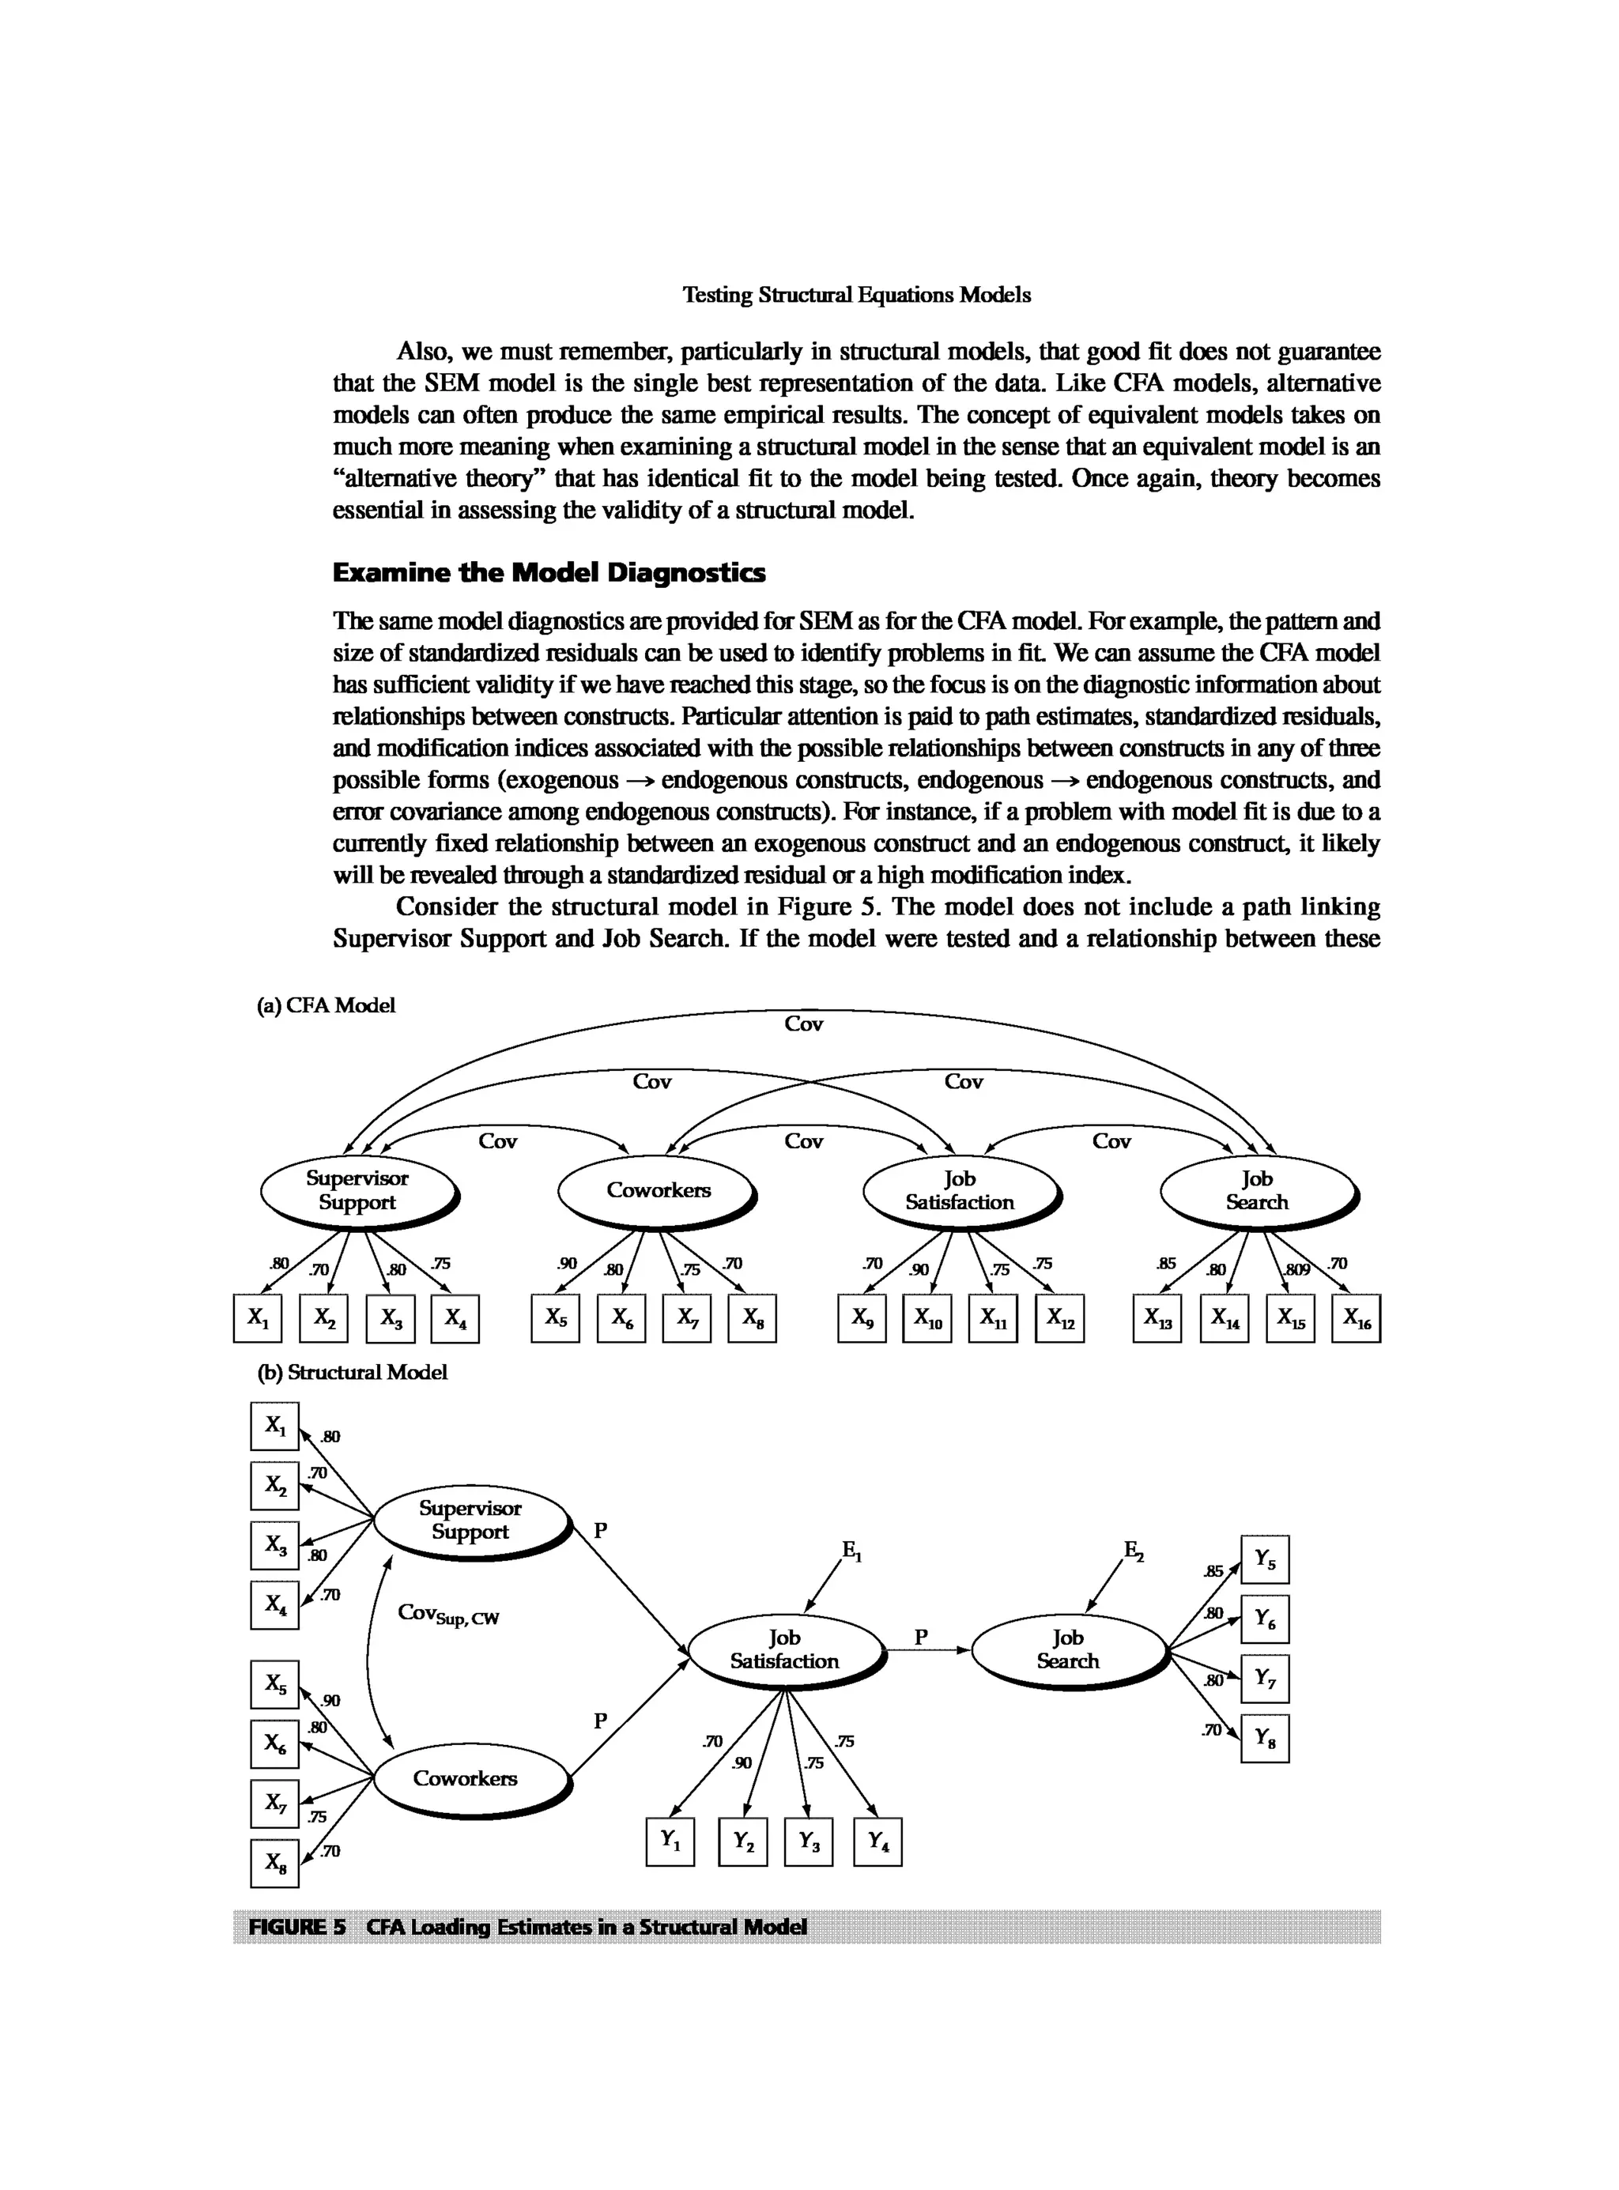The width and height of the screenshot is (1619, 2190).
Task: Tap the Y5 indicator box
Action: pyautogui.click(x=1265, y=1559)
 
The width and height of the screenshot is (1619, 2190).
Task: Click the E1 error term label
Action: pyautogui.click(x=851, y=1550)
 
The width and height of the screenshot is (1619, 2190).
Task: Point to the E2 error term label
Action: pyautogui.click(x=1134, y=1550)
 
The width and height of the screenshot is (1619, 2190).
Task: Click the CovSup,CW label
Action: pyautogui.click(x=448, y=1614)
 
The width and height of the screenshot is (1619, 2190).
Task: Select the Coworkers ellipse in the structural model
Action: pyautogui.click(x=470, y=1777)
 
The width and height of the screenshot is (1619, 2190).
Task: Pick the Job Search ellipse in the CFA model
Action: pyautogui.click(x=1258, y=1190)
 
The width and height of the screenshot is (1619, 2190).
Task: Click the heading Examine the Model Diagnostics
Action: pyautogui.click(x=549, y=573)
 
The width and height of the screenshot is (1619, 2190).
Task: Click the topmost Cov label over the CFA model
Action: pyautogui.click(x=804, y=1024)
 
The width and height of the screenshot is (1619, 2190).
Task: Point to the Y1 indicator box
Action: pyautogui.click(x=670, y=1841)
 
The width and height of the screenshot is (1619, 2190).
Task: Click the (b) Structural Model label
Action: pyautogui.click(x=352, y=1372)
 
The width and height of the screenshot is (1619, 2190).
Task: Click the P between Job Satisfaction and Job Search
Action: pyautogui.click(x=920, y=1637)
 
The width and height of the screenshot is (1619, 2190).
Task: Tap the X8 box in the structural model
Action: pyautogui.click(x=274, y=1863)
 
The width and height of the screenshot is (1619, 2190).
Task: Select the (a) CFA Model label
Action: pyautogui.click(x=326, y=1005)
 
